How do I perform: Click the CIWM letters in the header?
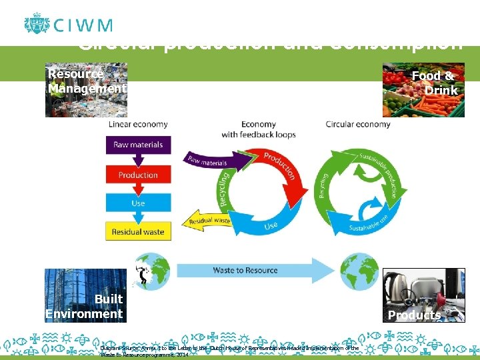click(x=83, y=26)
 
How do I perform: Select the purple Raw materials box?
click(x=138, y=145)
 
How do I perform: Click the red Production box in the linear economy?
click(x=138, y=175)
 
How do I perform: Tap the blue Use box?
click(x=138, y=203)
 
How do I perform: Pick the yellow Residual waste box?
click(x=138, y=231)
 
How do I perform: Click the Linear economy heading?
click(x=138, y=124)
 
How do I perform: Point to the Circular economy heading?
click(x=358, y=124)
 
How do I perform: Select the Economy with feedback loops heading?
click(x=259, y=129)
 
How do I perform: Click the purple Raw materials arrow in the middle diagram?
click(x=207, y=159)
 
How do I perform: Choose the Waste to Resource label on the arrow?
click(x=245, y=270)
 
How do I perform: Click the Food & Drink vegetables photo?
click(x=423, y=90)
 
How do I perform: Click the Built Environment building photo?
click(x=85, y=295)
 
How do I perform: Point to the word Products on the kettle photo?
click(x=414, y=315)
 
